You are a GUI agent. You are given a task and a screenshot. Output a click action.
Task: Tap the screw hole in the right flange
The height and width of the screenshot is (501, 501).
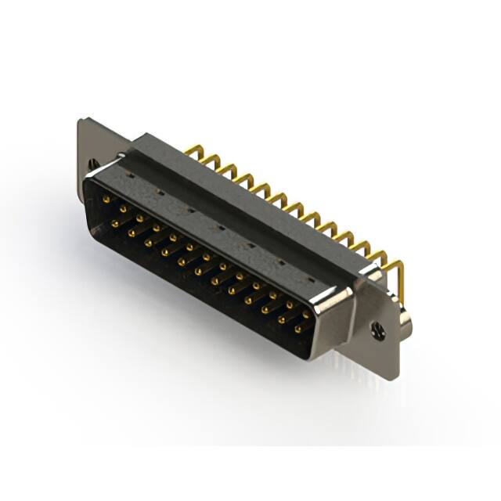coord(379,331)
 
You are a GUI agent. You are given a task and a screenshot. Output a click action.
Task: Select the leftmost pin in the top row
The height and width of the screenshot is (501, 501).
coord(106,200)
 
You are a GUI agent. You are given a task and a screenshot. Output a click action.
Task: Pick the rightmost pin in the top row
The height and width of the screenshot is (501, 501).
coord(306,314)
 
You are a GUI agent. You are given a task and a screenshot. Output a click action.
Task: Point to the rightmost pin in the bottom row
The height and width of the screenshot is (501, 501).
coord(297,329)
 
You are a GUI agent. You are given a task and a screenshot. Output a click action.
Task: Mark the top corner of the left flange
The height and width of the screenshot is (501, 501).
coord(81,121)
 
